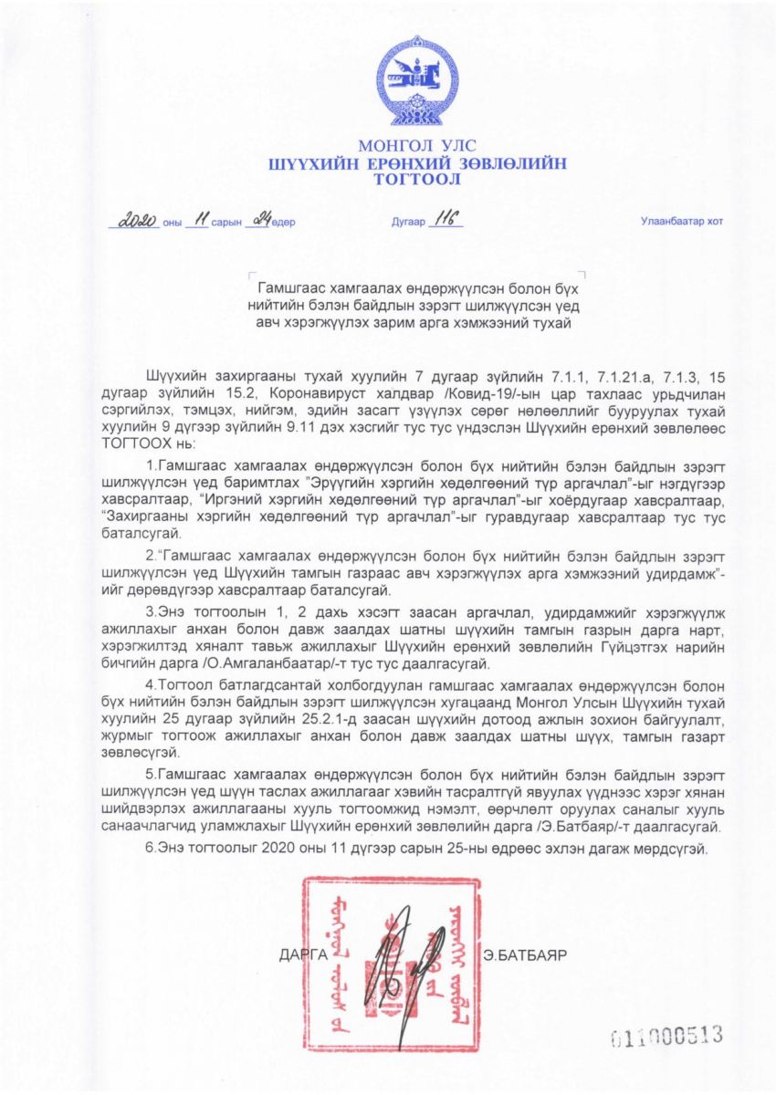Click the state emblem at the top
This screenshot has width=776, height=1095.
418,83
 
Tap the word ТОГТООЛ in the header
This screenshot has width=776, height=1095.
417,180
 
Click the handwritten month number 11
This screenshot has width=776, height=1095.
197,221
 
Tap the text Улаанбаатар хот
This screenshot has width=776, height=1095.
680,223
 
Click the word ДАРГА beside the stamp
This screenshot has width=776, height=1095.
303,954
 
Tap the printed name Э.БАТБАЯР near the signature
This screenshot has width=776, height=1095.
526,954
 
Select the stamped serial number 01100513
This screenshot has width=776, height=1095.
666,1035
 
